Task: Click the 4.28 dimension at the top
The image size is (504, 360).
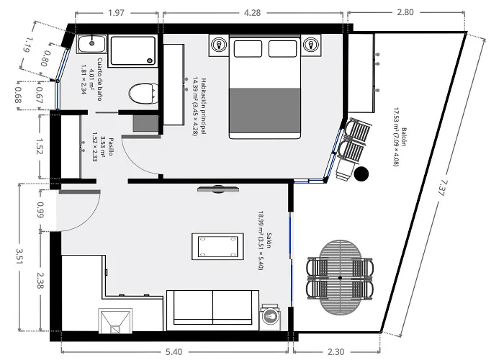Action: coord(252,13)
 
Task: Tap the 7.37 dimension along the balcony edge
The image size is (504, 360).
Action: coord(442,189)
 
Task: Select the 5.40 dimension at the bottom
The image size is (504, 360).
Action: coord(174,352)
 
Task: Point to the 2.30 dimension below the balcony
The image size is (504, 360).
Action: coord(336,352)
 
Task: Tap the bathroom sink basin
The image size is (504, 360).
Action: coord(92,44)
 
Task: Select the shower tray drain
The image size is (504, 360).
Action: coord(150,60)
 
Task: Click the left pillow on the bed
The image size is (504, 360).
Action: coord(248,48)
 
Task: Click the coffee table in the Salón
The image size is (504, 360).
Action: coord(217,246)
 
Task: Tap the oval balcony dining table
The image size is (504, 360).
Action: coord(340,278)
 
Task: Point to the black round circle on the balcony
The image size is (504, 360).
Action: coord(361,174)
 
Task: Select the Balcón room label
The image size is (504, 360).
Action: coord(403,137)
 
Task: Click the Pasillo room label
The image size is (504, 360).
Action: coord(111,147)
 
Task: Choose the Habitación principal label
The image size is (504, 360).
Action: coord(204,107)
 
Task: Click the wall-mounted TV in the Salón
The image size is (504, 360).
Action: coord(218,189)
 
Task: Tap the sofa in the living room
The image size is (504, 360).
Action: coord(213,310)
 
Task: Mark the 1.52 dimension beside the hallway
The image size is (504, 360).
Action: coord(40,147)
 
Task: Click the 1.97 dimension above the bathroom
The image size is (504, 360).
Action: coord(117,13)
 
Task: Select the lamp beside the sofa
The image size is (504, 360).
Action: coord(270,317)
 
